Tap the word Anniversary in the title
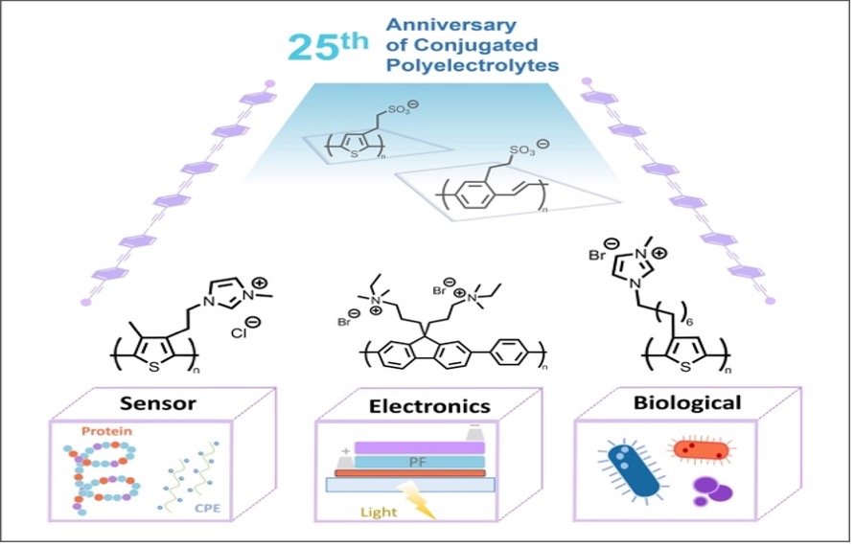coord(451,25)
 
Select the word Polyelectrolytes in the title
coord(473,65)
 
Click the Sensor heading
coord(157,403)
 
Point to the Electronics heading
coord(429,406)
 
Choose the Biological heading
coord(687,402)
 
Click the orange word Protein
coord(107,431)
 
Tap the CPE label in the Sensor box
coord(208,508)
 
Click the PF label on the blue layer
coord(418,463)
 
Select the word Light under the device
coord(379,513)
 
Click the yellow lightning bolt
coord(419,502)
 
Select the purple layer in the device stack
coord(419,447)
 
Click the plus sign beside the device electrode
coord(345,451)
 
